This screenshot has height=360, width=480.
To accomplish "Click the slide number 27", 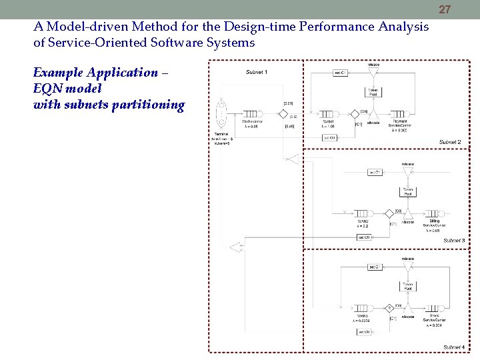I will pos(445,9).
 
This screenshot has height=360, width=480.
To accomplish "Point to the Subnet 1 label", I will pos(257,71).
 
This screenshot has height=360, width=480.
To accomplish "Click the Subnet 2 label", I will pos(449,142).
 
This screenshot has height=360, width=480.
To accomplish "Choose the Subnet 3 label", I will pos(454,240).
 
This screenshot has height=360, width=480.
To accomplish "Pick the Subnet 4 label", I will pos(454,347).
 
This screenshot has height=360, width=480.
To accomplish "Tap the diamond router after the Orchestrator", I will pos(283,113).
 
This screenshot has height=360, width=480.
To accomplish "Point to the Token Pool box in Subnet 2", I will pos(373,92).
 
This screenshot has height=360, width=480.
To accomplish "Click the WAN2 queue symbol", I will pos(363,213).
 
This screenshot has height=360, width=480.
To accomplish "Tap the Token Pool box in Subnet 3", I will pos(407,191).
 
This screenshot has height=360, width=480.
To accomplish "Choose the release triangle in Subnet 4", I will pos(407,266).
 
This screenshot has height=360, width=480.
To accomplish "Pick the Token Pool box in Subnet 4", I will pos(407,287).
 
